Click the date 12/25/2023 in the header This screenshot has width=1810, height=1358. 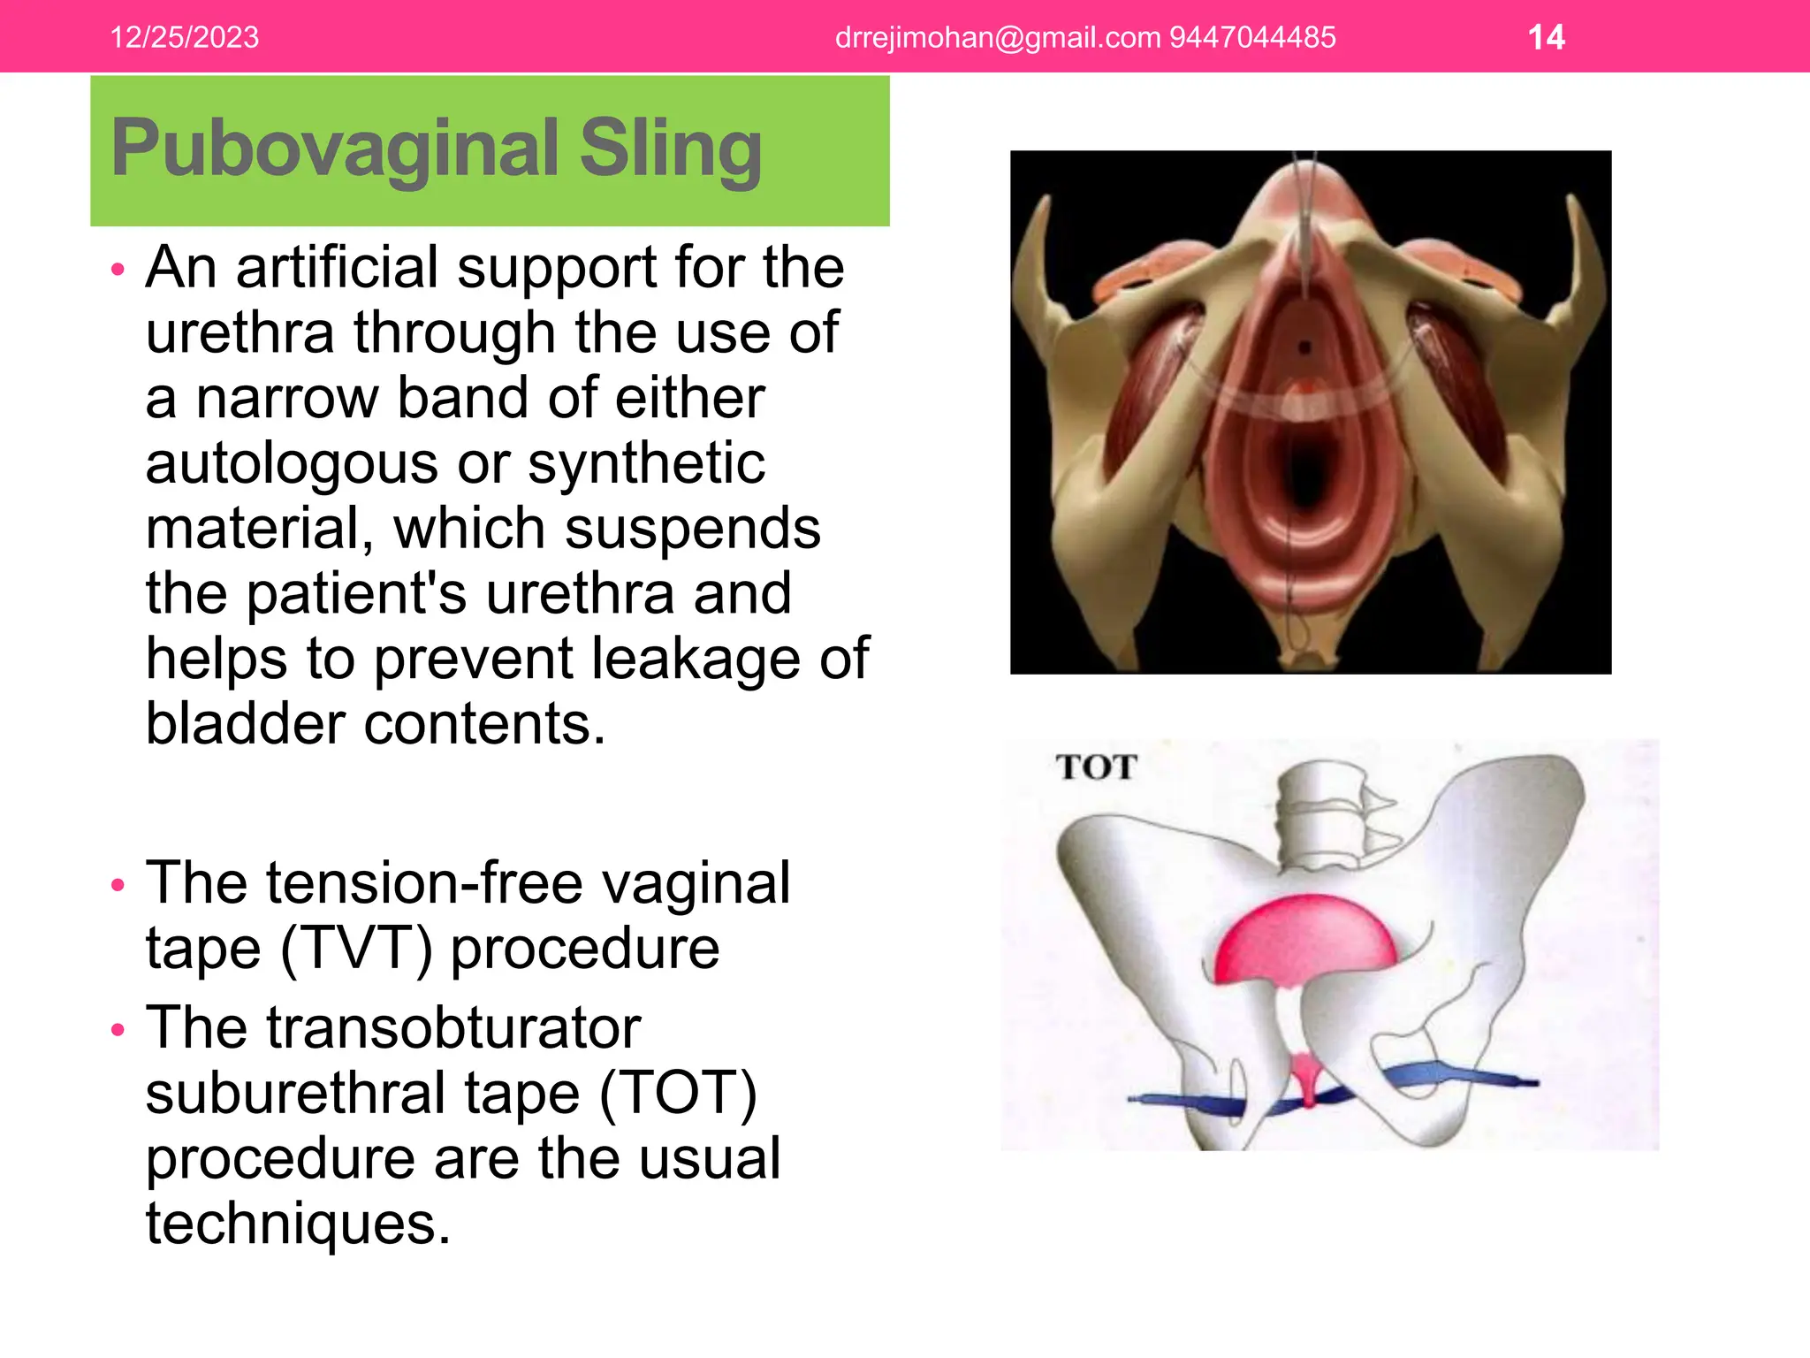(184, 37)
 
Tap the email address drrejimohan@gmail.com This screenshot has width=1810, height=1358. (998, 37)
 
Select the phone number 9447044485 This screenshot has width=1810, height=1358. (1252, 37)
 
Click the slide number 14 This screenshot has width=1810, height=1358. (1546, 37)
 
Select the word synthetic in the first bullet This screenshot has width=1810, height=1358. (646, 463)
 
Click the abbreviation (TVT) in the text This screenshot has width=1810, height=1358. (356, 949)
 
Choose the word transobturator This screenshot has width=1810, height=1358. (393, 1027)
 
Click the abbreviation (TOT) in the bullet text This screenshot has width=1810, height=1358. (678, 1093)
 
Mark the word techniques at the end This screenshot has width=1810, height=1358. (298, 1224)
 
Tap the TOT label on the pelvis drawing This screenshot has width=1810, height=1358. (1096, 767)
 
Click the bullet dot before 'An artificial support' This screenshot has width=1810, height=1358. (118, 269)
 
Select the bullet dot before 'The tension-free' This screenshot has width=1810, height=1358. (118, 885)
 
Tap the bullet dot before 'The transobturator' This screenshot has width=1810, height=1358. (118, 1030)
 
